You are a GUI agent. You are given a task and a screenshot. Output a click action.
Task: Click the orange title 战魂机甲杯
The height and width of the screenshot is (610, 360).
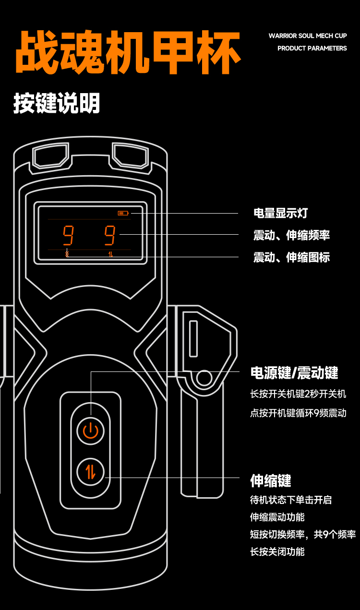(128, 53)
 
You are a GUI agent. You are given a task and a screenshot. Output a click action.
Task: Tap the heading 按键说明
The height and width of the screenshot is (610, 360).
(57, 103)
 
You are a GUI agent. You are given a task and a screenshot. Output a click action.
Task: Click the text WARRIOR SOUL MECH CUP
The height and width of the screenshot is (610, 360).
(308, 36)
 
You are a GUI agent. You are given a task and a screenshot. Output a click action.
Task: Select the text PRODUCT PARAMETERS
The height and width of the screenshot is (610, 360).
(312, 48)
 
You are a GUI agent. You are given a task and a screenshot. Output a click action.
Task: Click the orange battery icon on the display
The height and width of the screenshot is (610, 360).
(123, 213)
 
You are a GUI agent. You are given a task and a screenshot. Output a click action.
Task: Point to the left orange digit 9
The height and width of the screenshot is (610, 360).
(68, 235)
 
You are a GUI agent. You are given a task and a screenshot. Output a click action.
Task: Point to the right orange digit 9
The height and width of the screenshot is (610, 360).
(110, 235)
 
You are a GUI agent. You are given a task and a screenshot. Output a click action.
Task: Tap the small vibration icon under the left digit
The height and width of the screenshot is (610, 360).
(67, 254)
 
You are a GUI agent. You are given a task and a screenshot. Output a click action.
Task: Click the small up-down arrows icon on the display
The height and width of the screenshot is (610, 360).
(110, 254)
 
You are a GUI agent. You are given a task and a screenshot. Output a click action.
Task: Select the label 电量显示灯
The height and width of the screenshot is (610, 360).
(280, 213)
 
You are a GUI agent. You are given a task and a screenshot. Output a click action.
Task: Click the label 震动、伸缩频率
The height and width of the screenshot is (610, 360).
(291, 235)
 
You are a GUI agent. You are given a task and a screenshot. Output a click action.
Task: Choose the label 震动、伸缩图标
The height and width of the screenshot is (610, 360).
(291, 257)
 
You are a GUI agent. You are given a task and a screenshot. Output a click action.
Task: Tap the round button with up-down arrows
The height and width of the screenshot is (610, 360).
(91, 472)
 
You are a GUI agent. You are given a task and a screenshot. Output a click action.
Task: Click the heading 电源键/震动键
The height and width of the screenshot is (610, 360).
(294, 372)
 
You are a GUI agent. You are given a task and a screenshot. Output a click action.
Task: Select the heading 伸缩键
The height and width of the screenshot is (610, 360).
(271, 480)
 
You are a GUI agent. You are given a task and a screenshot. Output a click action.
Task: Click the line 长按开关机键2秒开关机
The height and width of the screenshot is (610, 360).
(298, 394)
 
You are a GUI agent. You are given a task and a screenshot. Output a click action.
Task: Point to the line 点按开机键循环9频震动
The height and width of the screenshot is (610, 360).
(298, 413)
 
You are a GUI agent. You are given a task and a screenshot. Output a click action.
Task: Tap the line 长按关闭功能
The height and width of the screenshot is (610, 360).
(277, 551)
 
